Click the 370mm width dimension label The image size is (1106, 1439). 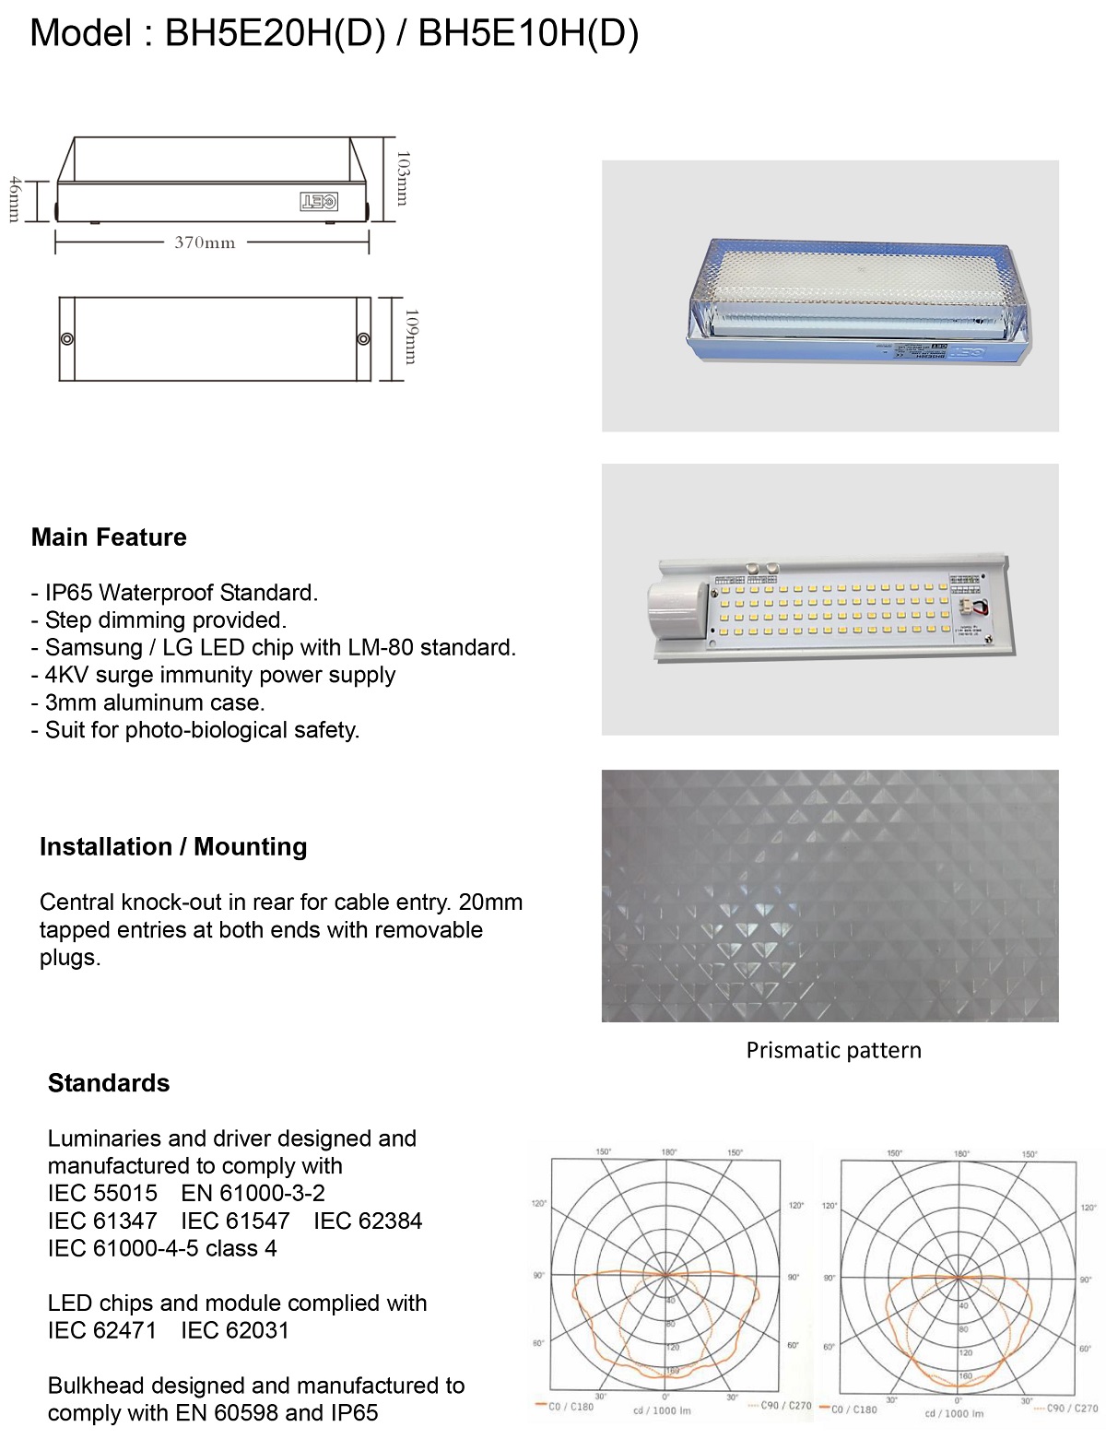tap(205, 243)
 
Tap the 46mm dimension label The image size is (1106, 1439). tap(14, 199)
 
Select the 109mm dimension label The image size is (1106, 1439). tap(411, 336)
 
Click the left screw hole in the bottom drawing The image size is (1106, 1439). tap(66, 339)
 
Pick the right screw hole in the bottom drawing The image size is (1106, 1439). tap(363, 339)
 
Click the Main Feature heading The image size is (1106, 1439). tap(109, 537)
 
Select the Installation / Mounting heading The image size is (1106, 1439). tap(173, 847)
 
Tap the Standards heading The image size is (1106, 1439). tap(109, 1083)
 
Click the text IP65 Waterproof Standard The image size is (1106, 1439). tap(181, 593)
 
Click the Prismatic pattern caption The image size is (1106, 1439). tap(833, 1051)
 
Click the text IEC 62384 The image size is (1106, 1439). tap(368, 1221)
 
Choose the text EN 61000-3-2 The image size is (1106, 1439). tap(253, 1194)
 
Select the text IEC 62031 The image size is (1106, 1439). tap(235, 1331)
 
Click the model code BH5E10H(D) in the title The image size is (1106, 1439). tap(528, 34)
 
